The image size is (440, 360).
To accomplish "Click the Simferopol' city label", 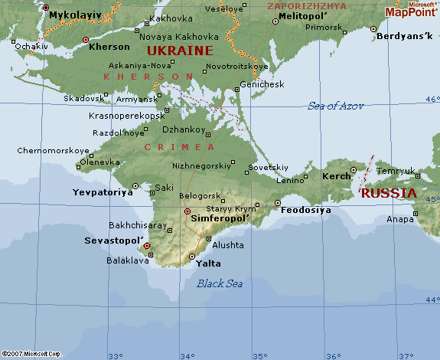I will pos(224,218).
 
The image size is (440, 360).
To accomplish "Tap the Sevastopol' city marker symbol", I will pos(147,247).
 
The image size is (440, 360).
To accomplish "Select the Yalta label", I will pos(208,263).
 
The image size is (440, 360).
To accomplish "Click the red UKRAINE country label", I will pos(180,51).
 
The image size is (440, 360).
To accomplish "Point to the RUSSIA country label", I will pos(389,193).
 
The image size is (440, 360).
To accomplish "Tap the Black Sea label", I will pos(220,283).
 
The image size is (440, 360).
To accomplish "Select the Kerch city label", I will pos(337,176).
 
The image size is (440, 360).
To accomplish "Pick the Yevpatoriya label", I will pos(103,192).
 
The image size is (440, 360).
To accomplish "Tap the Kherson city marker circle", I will pos(86,39).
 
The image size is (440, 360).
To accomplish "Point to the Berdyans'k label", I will pos(405,37).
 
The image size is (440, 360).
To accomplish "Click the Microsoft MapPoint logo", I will pos(411,9).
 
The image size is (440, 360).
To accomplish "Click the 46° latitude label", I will pos(432,99).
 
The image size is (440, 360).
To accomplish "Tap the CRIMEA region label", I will pos(180,146).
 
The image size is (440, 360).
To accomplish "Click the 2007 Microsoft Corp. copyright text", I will pos(31,355).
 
